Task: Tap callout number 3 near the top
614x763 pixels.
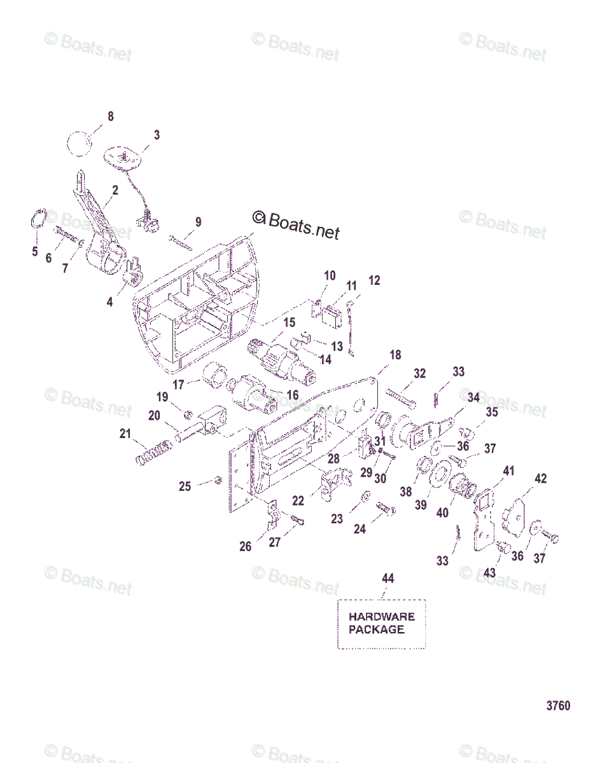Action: (x=157, y=135)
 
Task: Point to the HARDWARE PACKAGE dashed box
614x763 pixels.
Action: (x=381, y=623)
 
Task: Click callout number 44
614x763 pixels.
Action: (x=387, y=578)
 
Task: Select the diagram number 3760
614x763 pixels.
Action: (x=558, y=706)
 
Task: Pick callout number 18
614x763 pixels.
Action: (x=395, y=355)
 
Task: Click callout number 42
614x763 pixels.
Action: (x=540, y=479)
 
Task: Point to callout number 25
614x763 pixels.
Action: (x=185, y=486)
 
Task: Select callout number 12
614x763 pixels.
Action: (x=374, y=280)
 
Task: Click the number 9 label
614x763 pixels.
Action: (x=199, y=222)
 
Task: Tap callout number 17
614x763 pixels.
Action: (x=179, y=384)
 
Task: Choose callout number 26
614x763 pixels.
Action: (x=245, y=546)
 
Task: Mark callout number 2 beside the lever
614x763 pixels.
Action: (x=115, y=189)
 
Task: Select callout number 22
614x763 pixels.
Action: (x=298, y=501)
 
